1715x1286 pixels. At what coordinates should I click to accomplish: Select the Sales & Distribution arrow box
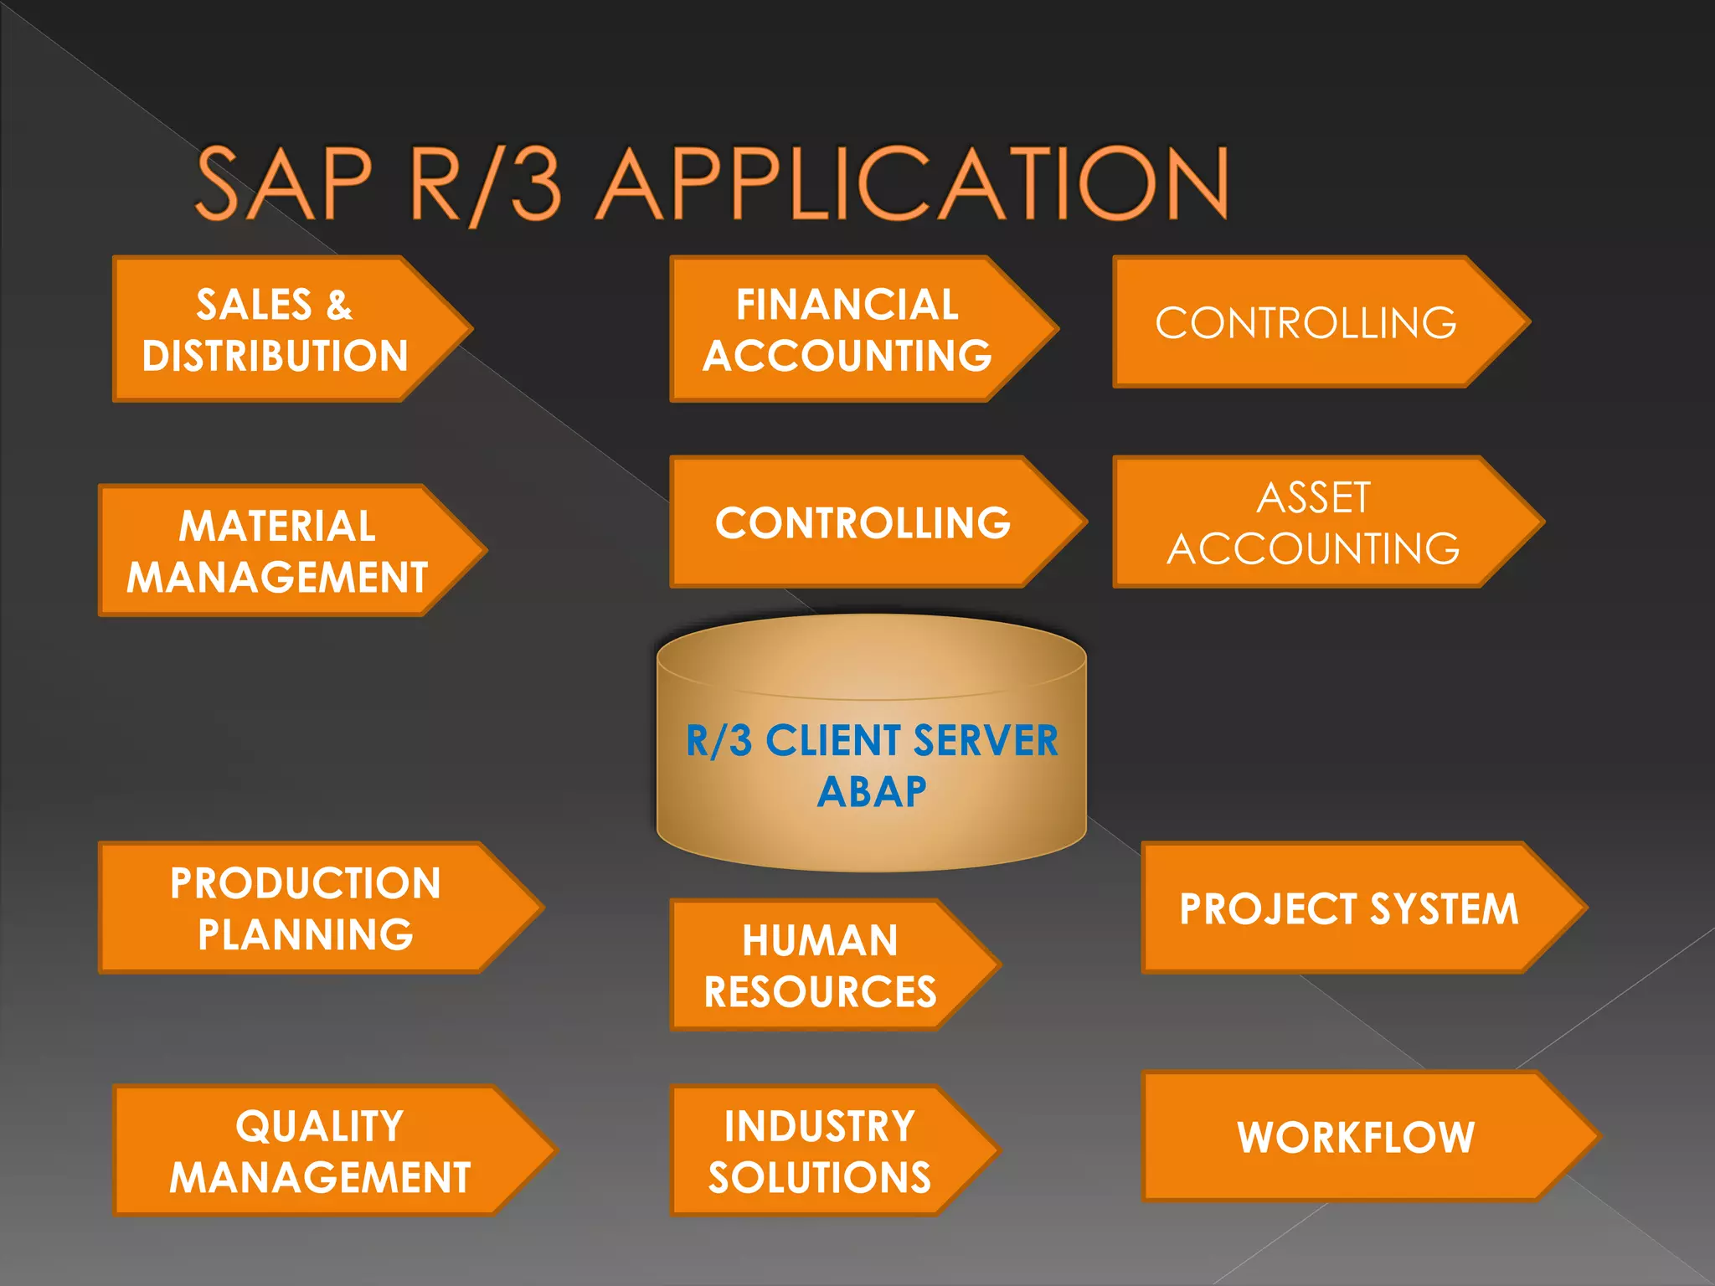coord(276,329)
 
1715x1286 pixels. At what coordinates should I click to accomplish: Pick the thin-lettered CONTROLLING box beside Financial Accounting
coord(1306,322)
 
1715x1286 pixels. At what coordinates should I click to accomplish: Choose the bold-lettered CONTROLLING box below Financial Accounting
coord(863,522)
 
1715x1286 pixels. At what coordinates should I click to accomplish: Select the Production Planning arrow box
coord(306,908)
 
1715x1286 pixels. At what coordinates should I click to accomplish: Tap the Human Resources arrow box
coord(821,965)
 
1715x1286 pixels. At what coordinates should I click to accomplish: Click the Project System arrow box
coord(1348,908)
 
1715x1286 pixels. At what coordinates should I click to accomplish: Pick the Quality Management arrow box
coord(320,1151)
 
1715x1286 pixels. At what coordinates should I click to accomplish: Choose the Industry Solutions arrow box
coord(820,1151)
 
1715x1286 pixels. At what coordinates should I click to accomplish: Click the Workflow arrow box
coord(1356,1137)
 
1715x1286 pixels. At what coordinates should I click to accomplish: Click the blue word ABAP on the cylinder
coord(872,792)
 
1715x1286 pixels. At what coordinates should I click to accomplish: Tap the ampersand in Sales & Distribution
coord(339,305)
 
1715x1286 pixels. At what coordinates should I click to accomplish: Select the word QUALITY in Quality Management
coord(320,1126)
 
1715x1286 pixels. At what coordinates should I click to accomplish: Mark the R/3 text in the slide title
coord(486,183)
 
